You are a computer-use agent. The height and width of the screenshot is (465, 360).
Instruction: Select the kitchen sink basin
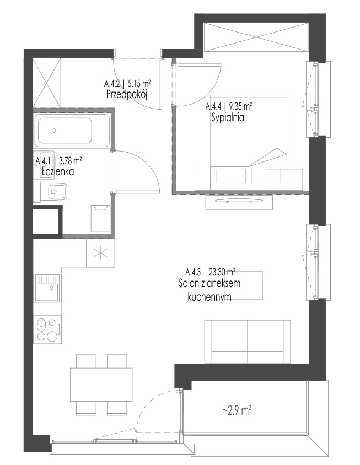[x=47, y=288]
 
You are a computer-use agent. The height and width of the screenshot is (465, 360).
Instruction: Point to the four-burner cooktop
[x=47, y=329]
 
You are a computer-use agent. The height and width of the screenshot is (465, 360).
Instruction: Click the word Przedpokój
[x=126, y=94]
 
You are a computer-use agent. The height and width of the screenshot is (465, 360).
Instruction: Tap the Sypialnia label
[x=228, y=117]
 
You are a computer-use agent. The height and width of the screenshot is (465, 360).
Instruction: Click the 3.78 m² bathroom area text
[x=71, y=161]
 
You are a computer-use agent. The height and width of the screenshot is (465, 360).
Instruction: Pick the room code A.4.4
[x=213, y=106]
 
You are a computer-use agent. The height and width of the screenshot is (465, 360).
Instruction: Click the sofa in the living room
[x=248, y=342]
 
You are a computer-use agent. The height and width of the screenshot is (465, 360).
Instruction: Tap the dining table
[x=101, y=385]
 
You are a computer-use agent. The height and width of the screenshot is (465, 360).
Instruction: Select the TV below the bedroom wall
[x=239, y=202]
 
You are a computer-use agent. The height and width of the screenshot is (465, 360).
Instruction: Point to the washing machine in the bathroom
[x=101, y=218]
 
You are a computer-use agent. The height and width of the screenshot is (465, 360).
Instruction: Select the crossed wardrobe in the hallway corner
[x=47, y=83]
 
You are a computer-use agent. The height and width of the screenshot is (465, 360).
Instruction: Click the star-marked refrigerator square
[x=100, y=253]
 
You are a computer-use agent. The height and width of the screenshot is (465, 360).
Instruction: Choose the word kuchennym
[x=209, y=297]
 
